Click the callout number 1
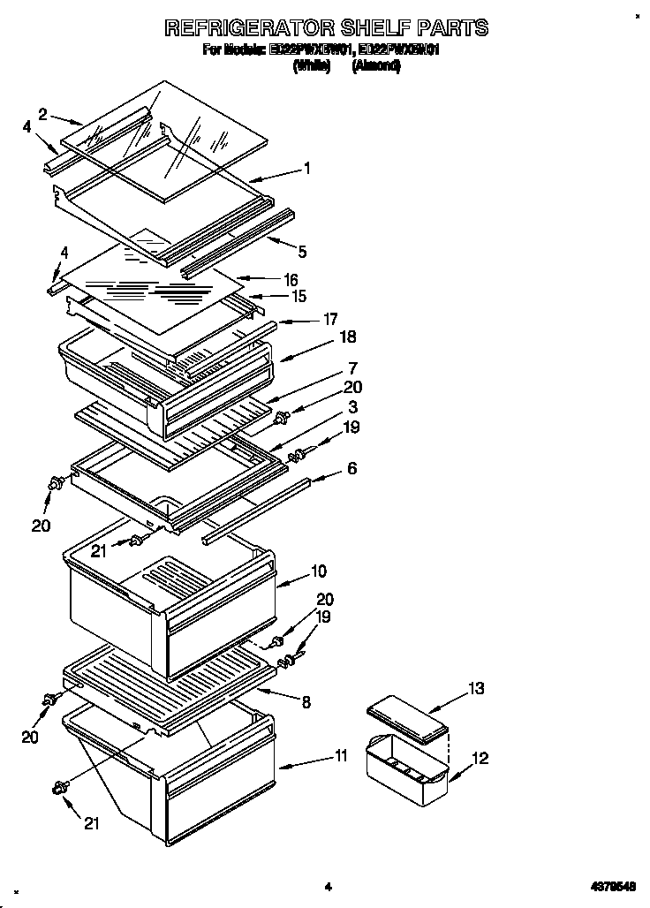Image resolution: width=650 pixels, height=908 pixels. click(306, 168)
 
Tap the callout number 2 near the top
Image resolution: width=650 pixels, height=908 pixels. click(42, 112)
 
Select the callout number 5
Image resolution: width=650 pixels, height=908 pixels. click(302, 252)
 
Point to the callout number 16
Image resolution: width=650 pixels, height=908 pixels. click(291, 279)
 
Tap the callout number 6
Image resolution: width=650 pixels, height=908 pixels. click(351, 468)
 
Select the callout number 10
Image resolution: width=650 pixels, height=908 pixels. click(318, 571)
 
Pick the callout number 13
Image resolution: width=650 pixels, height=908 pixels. click(476, 688)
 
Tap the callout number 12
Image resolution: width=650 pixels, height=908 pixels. click(480, 758)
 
